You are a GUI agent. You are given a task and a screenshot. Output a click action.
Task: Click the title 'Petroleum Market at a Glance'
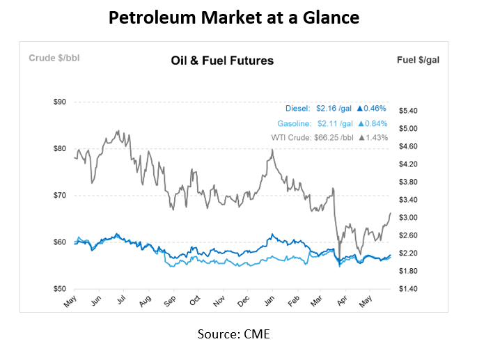tap(234, 17)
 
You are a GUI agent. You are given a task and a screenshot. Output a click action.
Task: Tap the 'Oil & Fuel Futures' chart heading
tap(222, 61)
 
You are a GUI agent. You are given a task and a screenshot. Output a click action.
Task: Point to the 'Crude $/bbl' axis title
tap(54, 58)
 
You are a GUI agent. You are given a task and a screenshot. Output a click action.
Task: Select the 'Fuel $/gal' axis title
tap(418, 59)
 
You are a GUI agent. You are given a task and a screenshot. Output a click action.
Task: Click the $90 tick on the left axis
tap(60, 102)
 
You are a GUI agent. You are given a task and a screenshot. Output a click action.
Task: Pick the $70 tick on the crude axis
tap(60, 195)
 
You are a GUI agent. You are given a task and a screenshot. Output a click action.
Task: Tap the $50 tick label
tap(60, 288)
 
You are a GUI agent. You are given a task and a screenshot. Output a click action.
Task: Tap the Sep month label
tap(169, 303)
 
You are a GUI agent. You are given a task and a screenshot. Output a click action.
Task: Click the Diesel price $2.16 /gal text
tap(334, 109)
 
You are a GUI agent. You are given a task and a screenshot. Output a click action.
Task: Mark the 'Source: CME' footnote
tap(234, 334)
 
